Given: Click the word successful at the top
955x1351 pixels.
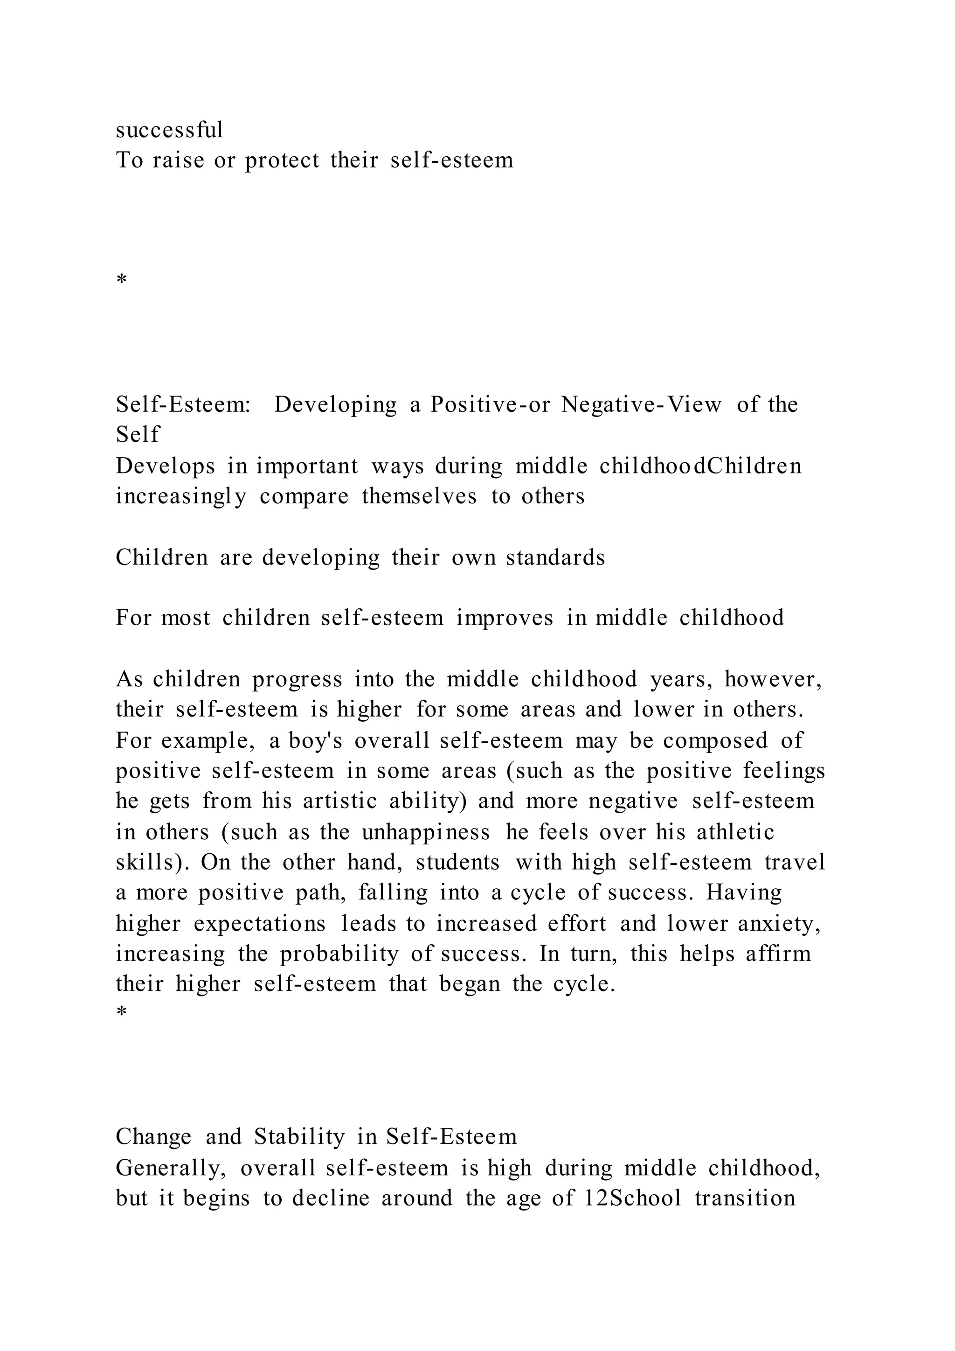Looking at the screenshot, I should (169, 130).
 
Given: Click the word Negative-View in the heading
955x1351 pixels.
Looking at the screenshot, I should (641, 405).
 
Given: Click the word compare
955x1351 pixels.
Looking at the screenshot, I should (304, 497).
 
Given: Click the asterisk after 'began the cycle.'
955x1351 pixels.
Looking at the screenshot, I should (122, 1012).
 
